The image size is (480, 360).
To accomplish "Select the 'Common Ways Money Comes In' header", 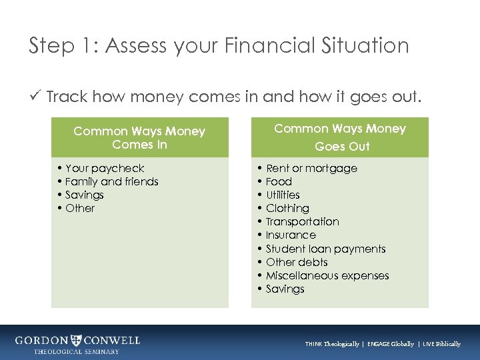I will pyautogui.click(x=139, y=138).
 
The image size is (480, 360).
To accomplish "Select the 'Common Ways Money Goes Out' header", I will pyautogui.click(x=340, y=137).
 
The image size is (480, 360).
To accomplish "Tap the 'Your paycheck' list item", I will pyautogui.click(x=105, y=169).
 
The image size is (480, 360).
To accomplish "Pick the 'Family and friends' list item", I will pyautogui.click(x=111, y=182).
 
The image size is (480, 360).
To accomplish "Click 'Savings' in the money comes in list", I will pyautogui.click(x=85, y=195).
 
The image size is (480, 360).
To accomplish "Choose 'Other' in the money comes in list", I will pyautogui.click(x=80, y=209).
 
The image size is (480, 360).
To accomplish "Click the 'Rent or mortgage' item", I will pyautogui.click(x=311, y=169).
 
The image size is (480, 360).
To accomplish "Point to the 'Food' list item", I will pyautogui.click(x=279, y=182).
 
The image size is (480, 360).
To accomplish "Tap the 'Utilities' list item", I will pyautogui.click(x=283, y=195).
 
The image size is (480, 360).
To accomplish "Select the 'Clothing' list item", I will pyautogui.click(x=287, y=209).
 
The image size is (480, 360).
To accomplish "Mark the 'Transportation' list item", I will pyautogui.click(x=302, y=222).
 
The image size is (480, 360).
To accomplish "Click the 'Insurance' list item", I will pyautogui.click(x=291, y=235).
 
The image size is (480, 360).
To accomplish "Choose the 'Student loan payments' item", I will pyautogui.click(x=325, y=249).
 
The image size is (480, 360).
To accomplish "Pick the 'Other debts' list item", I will pyautogui.click(x=297, y=263).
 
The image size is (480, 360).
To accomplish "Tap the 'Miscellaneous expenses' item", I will pyautogui.click(x=327, y=276).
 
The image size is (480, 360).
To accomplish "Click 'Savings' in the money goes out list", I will pyautogui.click(x=285, y=289).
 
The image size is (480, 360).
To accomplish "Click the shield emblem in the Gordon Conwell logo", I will pyautogui.click(x=77, y=340).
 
